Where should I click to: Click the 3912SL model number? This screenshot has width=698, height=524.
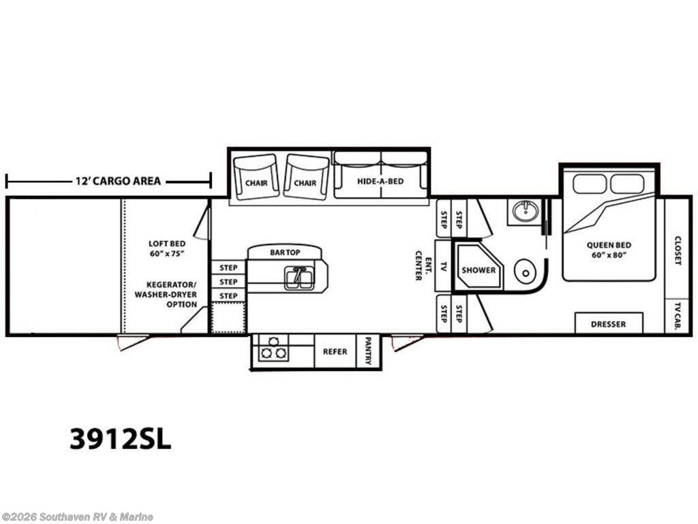120,439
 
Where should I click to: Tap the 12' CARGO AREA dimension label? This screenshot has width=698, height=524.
118,181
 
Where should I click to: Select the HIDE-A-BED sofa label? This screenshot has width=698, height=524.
380,181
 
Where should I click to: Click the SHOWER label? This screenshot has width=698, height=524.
479,270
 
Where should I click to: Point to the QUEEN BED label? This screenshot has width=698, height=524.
609,245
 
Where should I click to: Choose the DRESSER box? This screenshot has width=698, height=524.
609,323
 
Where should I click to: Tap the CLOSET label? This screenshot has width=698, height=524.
678,250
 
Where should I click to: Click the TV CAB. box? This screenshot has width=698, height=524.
678,317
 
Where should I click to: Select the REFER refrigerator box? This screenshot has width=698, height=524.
335,351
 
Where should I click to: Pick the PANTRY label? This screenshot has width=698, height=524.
369,351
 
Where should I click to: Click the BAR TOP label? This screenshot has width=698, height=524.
285,252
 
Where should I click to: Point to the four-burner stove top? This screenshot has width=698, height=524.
273,347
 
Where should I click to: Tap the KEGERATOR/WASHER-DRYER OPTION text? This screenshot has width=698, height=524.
166,295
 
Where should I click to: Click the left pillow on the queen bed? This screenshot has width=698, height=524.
590,184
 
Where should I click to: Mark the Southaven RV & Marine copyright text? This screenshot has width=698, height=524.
77,517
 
